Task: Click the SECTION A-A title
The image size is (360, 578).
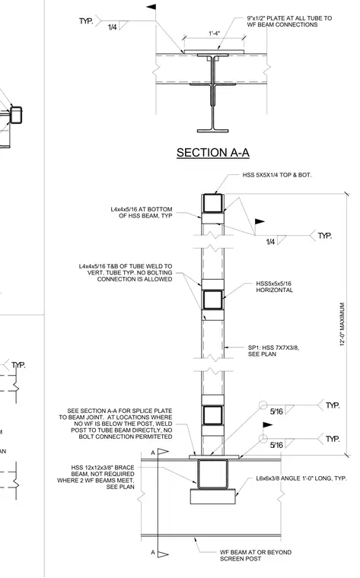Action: [x=213, y=153]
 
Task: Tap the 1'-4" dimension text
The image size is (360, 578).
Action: [x=215, y=33]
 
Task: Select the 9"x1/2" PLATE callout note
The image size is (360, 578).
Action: [x=289, y=21]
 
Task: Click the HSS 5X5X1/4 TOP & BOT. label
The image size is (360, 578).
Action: [x=276, y=175]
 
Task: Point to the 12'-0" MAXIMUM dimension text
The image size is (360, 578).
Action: [x=342, y=325]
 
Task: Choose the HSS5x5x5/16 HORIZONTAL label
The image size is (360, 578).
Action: [x=275, y=287]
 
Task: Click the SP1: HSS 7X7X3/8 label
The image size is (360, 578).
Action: [x=273, y=351]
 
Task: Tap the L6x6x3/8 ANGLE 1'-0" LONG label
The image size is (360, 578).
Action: [x=301, y=478]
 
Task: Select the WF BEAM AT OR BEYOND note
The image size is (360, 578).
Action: [x=256, y=555]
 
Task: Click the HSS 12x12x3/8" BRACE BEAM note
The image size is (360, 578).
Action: [x=96, y=477]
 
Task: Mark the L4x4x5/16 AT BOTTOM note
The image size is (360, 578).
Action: [x=142, y=212]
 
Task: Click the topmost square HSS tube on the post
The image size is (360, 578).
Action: [x=213, y=204]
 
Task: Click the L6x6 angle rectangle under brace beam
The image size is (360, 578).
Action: [x=213, y=497]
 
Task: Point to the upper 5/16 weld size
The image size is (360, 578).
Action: [x=276, y=411]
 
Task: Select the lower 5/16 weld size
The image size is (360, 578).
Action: [x=276, y=445]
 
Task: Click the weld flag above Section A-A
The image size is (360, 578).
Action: [x=151, y=7]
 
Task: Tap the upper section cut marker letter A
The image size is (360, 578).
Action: [x=153, y=453]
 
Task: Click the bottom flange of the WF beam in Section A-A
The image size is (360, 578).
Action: [x=213, y=131]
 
